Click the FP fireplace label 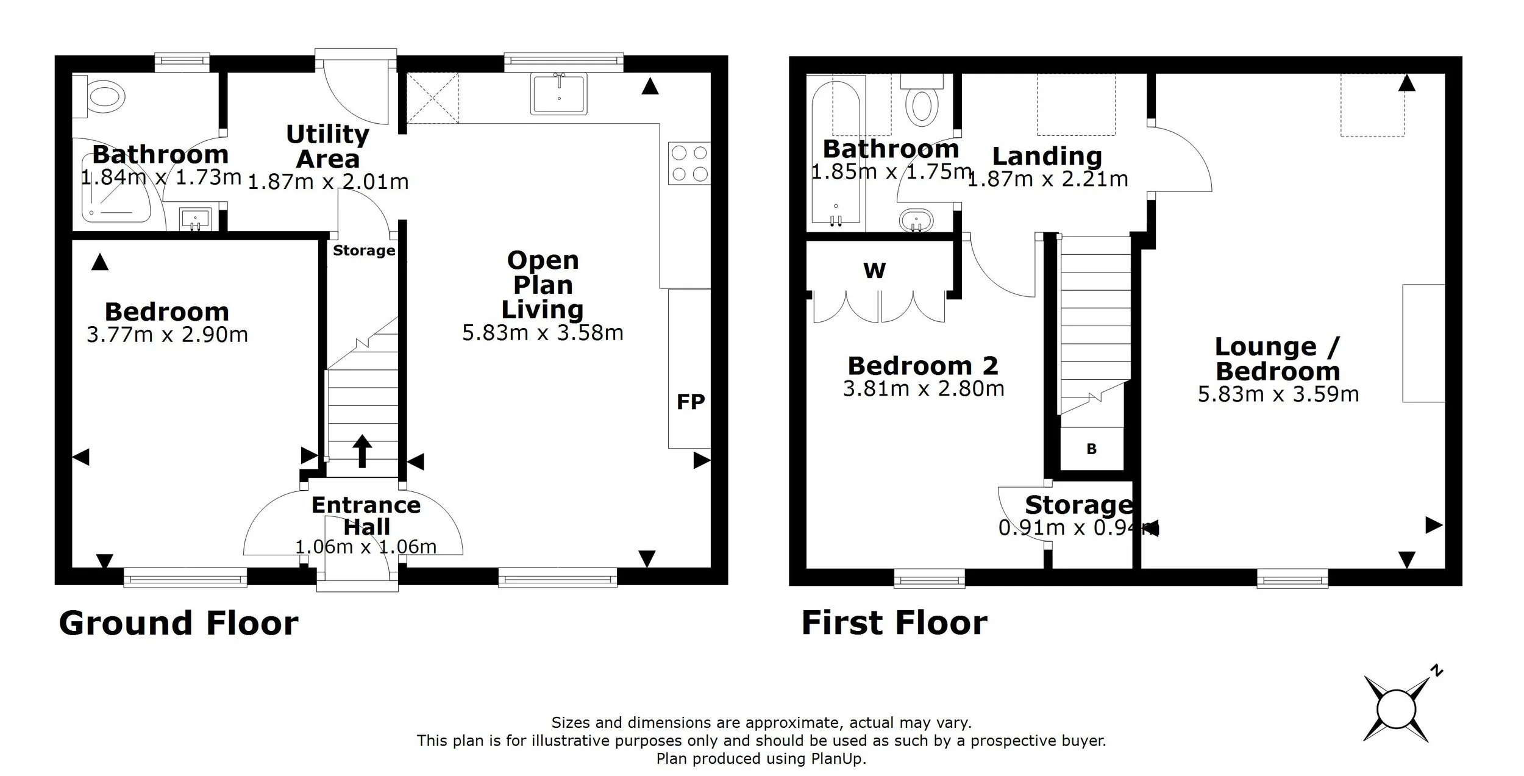pyautogui.click(x=690, y=402)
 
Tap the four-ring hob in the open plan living pyautogui.click(x=689, y=163)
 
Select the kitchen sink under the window pyautogui.click(x=558, y=94)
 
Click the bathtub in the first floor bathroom pyautogui.click(x=836, y=152)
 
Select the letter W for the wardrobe pyautogui.click(x=874, y=270)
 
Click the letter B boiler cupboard pyautogui.click(x=1091, y=449)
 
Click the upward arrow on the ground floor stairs pyautogui.click(x=362, y=451)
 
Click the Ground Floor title pyautogui.click(x=179, y=623)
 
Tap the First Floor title pyautogui.click(x=894, y=623)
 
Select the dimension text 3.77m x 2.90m pyautogui.click(x=167, y=335)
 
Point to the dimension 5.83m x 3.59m pyautogui.click(x=1278, y=394)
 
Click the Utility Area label pyautogui.click(x=328, y=146)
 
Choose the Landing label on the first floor pyautogui.click(x=1047, y=156)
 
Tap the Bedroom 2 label pyautogui.click(x=923, y=366)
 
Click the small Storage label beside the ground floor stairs pyautogui.click(x=363, y=251)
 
